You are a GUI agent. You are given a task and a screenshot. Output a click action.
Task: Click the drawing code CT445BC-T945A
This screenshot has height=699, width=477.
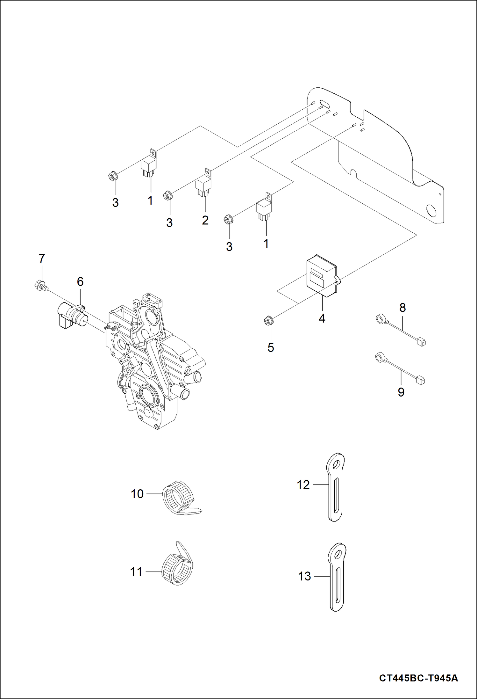(x=418, y=678)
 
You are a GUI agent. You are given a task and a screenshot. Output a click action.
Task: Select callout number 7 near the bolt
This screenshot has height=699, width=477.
(x=42, y=258)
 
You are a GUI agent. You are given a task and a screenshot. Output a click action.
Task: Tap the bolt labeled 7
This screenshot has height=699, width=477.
(x=40, y=285)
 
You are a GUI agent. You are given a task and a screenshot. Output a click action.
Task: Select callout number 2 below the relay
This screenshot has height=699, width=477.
(x=205, y=220)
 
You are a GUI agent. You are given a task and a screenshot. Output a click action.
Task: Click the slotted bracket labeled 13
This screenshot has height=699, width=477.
(x=337, y=577)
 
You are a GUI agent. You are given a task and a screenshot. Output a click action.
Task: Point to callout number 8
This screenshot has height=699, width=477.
(x=402, y=308)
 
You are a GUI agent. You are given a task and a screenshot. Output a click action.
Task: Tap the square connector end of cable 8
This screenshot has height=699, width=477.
(x=421, y=343)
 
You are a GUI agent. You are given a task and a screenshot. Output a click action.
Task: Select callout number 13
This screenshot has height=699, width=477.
(x=304, y=576)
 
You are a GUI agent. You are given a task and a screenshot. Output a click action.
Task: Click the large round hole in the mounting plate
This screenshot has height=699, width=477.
(x=432, y=211)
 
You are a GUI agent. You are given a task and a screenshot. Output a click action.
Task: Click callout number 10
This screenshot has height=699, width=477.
(x=137, y=494)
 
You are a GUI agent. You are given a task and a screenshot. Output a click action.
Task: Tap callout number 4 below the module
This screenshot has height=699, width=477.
(x=322, y=318)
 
